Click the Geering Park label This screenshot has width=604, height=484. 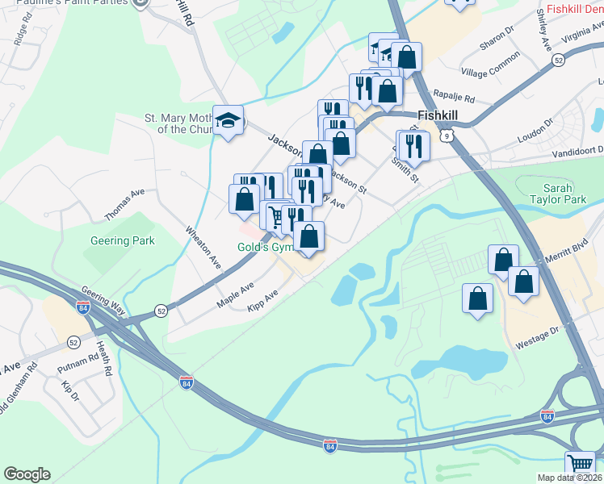pos(124,240)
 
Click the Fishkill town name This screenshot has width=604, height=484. pos(438,115)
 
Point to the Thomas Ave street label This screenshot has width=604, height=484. pos(124,205)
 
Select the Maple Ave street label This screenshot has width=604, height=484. pos(235,294)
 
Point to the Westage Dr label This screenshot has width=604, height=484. pos(537,335)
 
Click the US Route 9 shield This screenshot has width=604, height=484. pos(447,136)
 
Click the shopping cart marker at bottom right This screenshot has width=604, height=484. pos(581,465)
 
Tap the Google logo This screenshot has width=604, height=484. pos(27,474)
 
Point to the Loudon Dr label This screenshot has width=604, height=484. pos(537,133)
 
